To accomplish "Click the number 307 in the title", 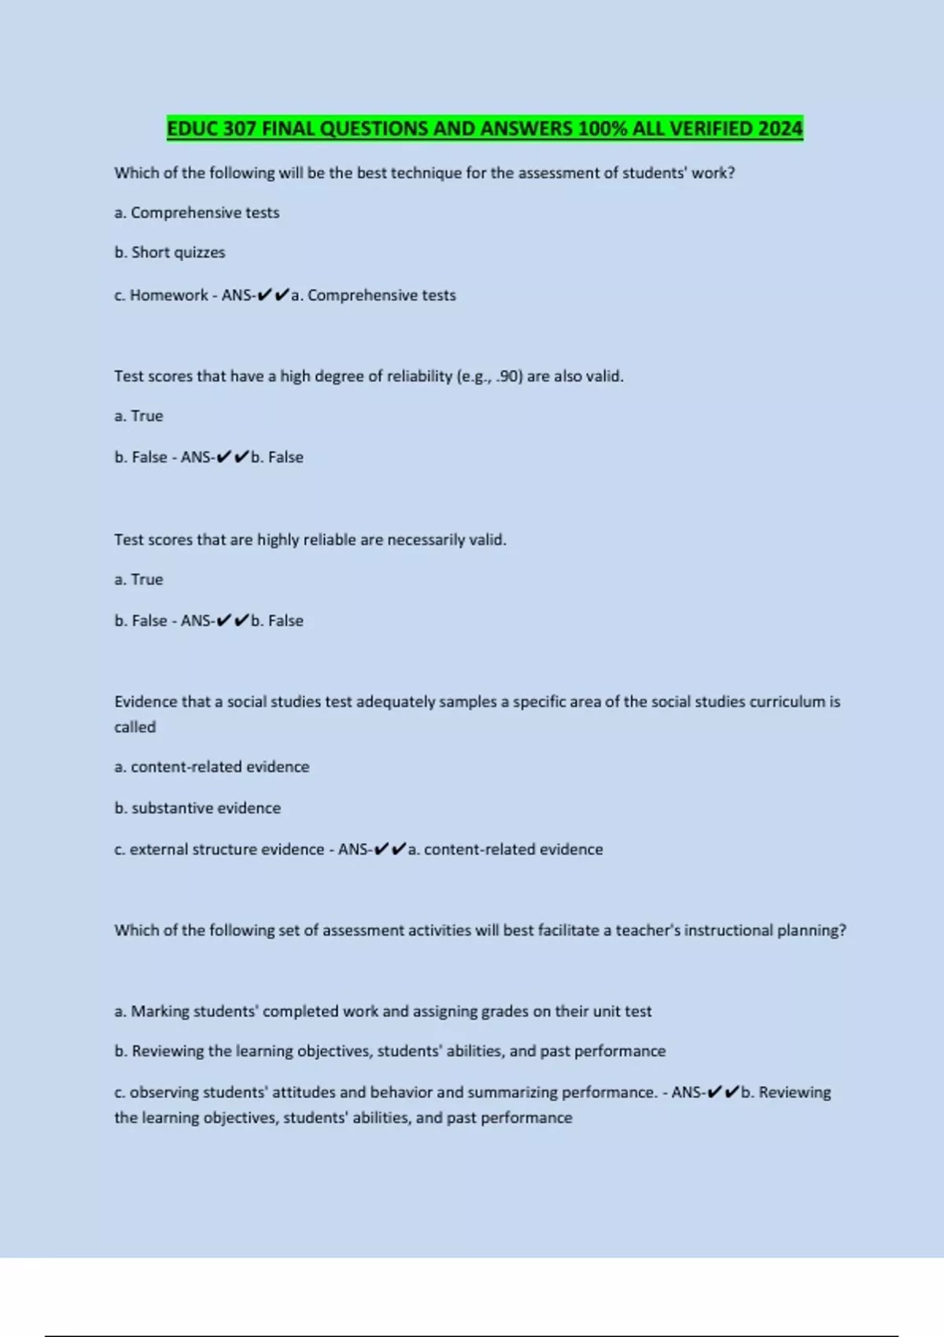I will click(x=239, y=129).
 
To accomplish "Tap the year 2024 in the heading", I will click(x=780, y=129).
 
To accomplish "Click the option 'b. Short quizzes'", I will click(x=170, y=252).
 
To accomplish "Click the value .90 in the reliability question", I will click(x=509, y=377).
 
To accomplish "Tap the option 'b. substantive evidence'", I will click(x=197, y=808).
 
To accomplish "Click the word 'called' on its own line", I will click(x=135, y=727).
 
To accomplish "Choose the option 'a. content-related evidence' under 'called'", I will click(x=212, y=767).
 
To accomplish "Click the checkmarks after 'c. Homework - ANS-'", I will click(x=273, y=295).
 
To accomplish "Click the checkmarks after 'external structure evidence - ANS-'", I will click(x=390, y=849).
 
